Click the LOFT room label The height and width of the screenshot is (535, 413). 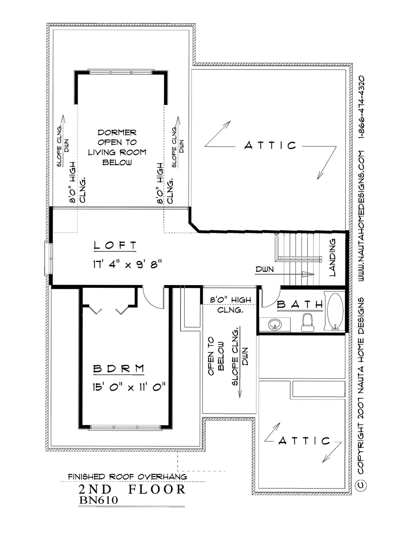tap(115, 245)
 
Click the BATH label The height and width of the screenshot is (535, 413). tap(300, 305)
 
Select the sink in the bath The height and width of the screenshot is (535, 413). tap(275, 325)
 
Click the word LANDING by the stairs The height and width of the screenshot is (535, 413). tap(332, 257)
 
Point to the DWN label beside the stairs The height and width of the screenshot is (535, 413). tap(265, 269)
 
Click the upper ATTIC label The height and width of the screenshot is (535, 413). tap(270, 145)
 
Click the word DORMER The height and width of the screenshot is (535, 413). tap(117, 133)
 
